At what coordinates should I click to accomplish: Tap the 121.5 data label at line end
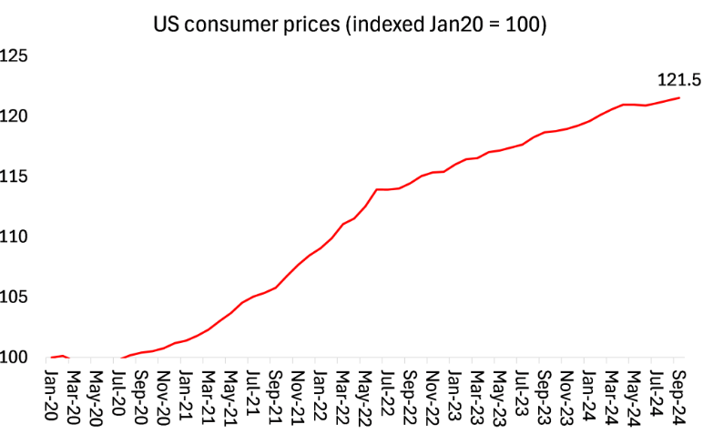click(678, 80)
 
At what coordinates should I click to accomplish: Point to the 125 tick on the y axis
click(15, 56)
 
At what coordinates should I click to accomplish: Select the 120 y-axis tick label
click(15, 116)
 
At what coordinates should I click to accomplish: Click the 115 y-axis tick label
click(15, 177)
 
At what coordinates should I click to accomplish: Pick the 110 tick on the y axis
click(15, 237)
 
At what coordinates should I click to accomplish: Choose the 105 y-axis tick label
click(15, 297)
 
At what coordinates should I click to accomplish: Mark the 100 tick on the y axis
click(15, 357)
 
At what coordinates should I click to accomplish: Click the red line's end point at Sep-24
click(678, 98)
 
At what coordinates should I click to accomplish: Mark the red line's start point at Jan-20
click(52, 358)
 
